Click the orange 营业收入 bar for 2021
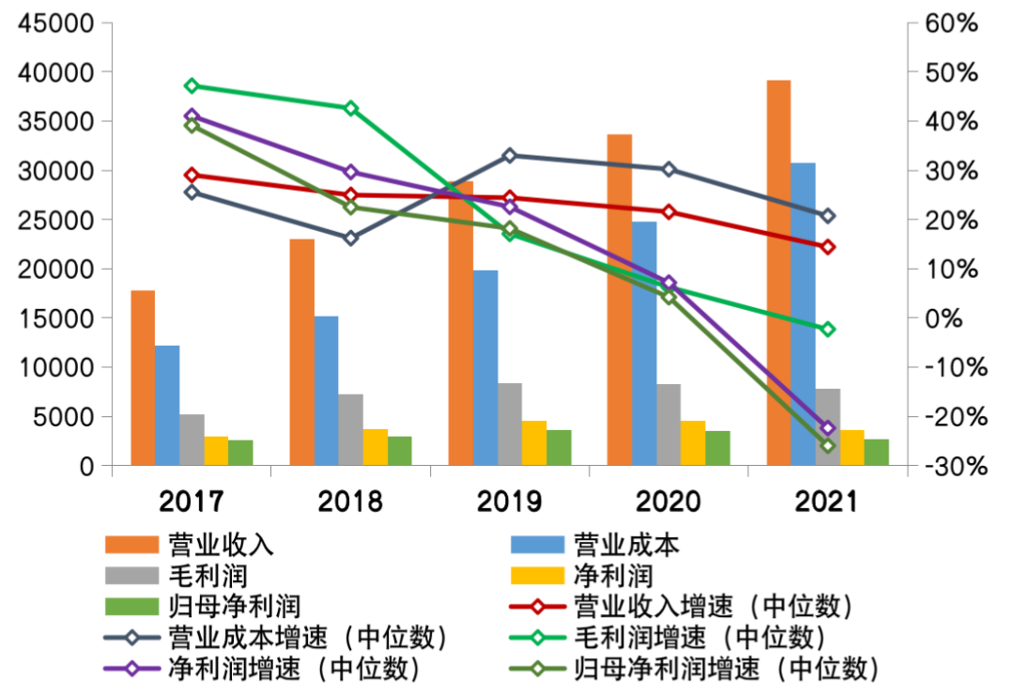[x=778, y=272]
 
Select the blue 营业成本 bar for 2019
[x=485, y=367]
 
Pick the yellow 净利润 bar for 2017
[x=216, y=450]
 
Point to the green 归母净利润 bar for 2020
[x=718, y=448]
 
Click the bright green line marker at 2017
[x=192, y=85]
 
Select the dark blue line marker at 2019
[x=510, y=155]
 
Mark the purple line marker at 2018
[x=350, y=172]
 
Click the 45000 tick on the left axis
[x=57, y=23]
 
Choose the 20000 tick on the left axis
[x=57, y=269]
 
